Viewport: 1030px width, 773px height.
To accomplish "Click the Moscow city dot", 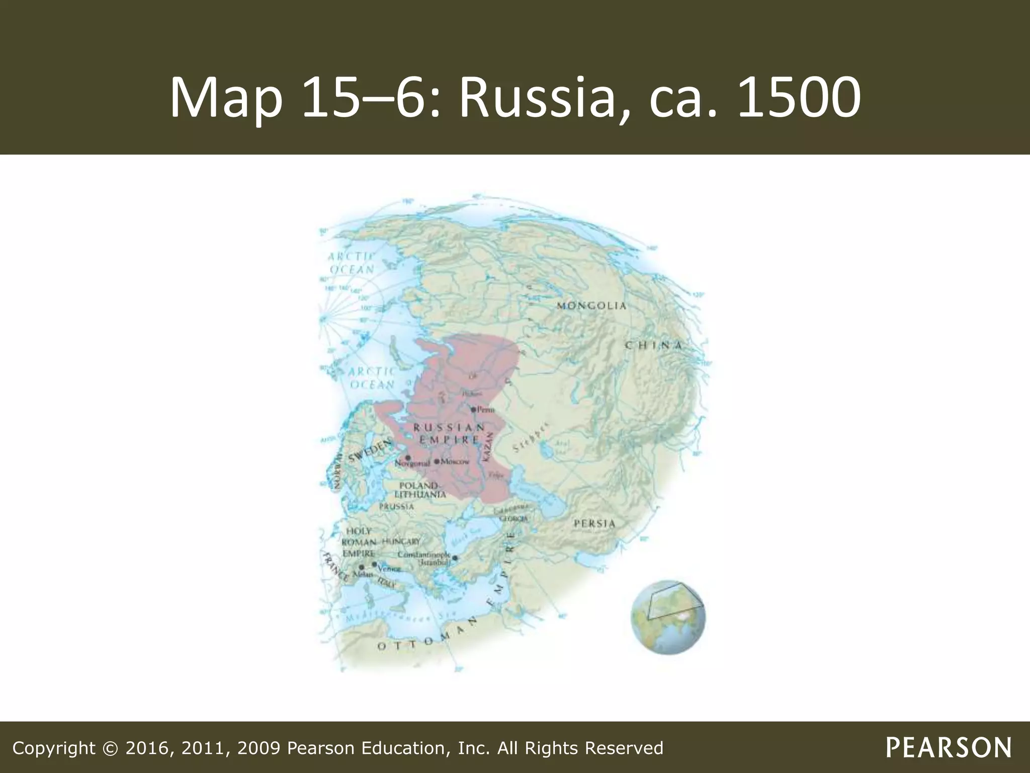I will [437, 461].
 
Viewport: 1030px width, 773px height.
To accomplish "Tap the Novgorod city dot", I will [408, 457].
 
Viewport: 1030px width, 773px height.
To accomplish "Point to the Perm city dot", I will [473, 410].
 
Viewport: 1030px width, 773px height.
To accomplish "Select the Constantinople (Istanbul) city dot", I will [455, 558].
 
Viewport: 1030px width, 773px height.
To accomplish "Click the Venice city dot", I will [374, 564].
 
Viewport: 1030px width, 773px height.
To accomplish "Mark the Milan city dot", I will [361, 567].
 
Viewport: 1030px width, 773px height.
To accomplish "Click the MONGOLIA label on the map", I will [591, 306].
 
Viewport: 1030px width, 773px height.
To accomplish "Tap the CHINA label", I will [654, 345].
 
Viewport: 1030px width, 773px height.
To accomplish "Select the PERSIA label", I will [594, 523].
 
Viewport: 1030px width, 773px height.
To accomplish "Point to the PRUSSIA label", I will [397, 506].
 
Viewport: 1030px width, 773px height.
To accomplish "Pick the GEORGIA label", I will [513, 518].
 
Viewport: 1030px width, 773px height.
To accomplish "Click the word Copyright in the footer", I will [53, 748].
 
